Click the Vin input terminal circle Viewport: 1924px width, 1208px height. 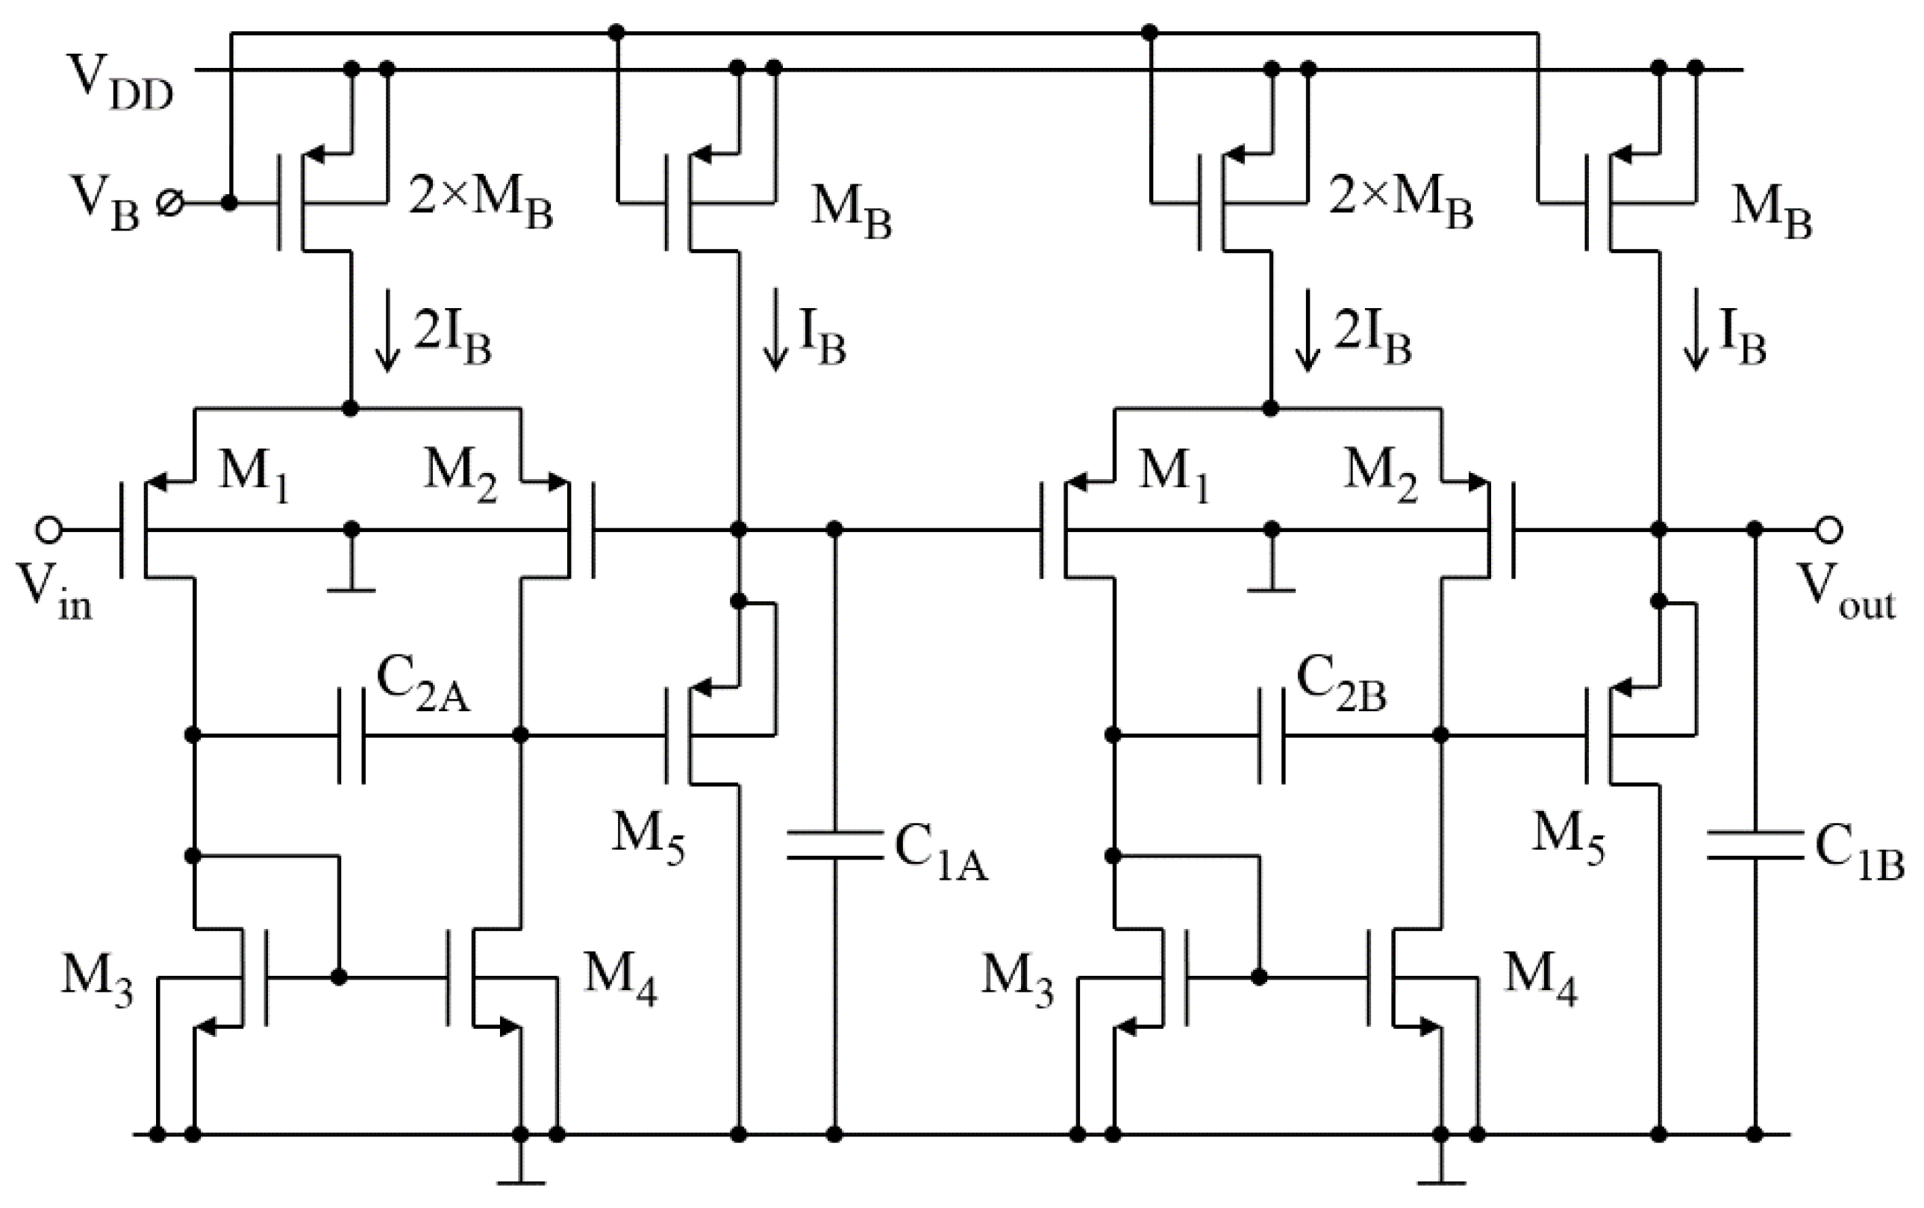[49, 530]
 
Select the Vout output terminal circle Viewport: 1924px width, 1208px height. [1829, 530]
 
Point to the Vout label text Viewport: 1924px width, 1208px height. [1844, 595]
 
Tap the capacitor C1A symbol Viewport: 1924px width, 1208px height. [834, 845]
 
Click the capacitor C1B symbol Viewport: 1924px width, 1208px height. [1755, 845]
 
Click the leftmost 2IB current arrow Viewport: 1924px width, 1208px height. [388, 342]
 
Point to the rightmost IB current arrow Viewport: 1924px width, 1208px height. [1695, 342]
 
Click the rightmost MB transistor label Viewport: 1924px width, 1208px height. [1770, 212]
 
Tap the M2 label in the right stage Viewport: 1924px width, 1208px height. [1379, 475]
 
